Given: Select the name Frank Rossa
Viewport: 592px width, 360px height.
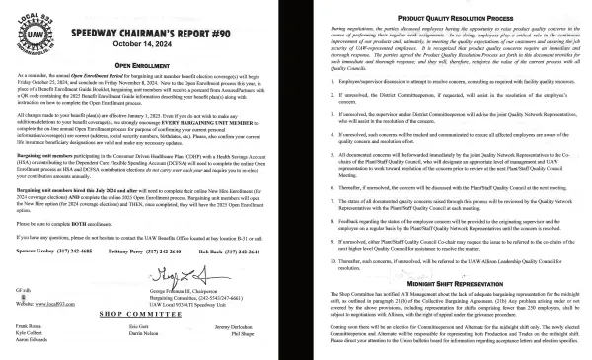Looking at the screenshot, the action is coord(29,325).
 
